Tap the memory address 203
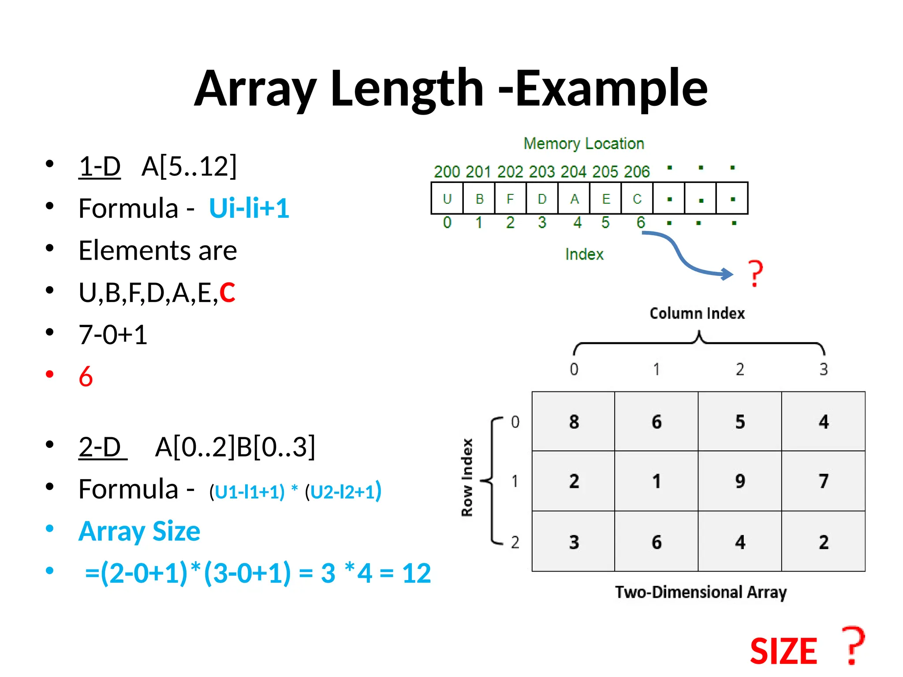coord(542,172)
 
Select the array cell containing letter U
coord(447,199)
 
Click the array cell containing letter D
coord(542,199)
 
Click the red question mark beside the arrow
coord(756,273)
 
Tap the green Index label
coord(584,254)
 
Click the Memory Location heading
coord(583,144)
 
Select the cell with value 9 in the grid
coord(740,481)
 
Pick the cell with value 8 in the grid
coord(574,422)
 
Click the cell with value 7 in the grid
coord(823,481)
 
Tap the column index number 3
coord(823,369)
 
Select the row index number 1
coord(515,481)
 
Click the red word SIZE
coord(784,651)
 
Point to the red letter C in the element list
coord(227,292)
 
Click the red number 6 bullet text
coord(86,377)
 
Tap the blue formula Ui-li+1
coord(249,208)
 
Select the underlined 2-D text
coord(100,447)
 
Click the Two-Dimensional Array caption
coord(701,592)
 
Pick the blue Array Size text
coord(139,531)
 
